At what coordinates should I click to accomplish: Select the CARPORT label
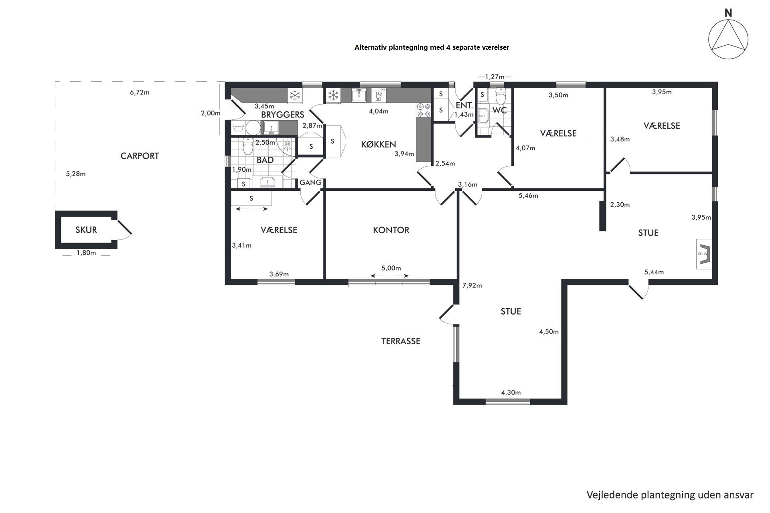[x=140, y=156]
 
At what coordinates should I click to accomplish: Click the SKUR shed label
[x=86, y=230]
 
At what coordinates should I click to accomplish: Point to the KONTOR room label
[x=391, y=230]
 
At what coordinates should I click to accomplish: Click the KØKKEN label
[x=379, y=144]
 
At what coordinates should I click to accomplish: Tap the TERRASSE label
[x=401, y=341]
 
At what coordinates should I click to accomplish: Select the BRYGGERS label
[x=283, y=115]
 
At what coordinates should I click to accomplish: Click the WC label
[x=500, y=110]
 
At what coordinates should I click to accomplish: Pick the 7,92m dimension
[x=472, y=285]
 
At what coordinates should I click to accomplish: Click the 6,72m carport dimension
[x=140, y=92]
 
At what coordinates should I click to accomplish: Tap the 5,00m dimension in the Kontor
[x=391, y=268]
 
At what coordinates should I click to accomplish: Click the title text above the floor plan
[x=432, y=47]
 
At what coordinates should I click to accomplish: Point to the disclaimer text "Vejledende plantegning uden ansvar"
[x=670, y=495]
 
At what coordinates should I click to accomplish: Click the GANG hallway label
[x=311, y=182]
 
